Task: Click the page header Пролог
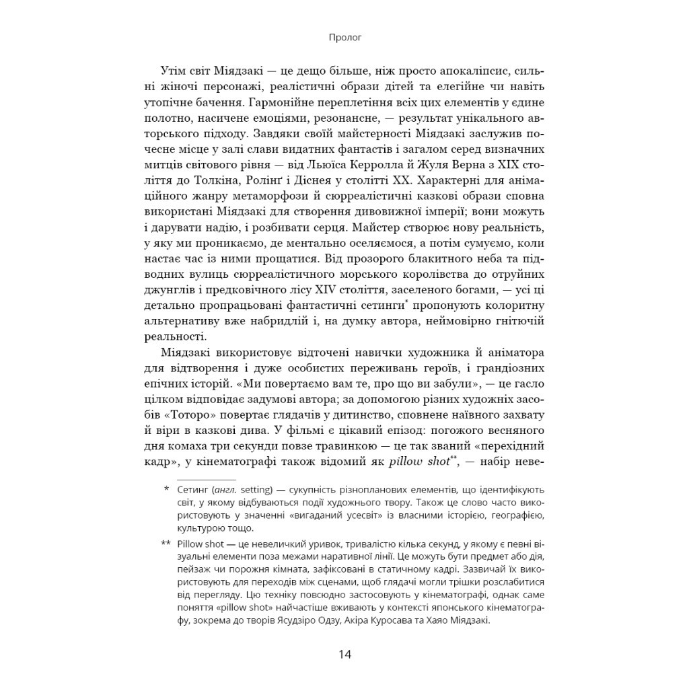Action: pyautogui.click(x=344, y=38)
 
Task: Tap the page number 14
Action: pyautogui.click(x=344, y=654)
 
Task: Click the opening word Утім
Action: pyautogui.click(x=174, y=72)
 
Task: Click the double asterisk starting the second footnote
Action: pyautogui.click(x=166, y=542)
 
